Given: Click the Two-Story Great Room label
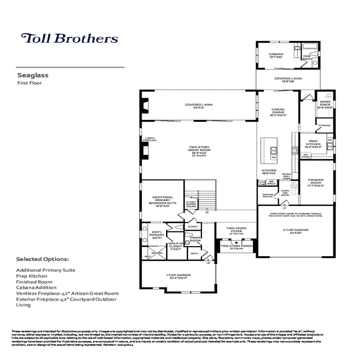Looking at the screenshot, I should coord(199,150).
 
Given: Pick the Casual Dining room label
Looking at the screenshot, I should coord(279,112).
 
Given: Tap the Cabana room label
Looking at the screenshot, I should coord(275,55).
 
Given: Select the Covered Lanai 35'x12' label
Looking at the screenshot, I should coord(198,107).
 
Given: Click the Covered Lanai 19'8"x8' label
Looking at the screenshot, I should coord(288,80).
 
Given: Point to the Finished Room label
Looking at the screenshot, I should coord(315,183).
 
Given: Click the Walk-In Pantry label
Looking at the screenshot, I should coord(269,196).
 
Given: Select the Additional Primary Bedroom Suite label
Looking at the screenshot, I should coord(162,200).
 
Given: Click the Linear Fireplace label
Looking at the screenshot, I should coord(150,139).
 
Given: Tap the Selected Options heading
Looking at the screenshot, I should coord(42,259).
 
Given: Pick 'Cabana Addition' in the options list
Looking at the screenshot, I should coord(36,287).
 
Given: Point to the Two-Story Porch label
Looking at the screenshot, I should coord(236,247).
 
